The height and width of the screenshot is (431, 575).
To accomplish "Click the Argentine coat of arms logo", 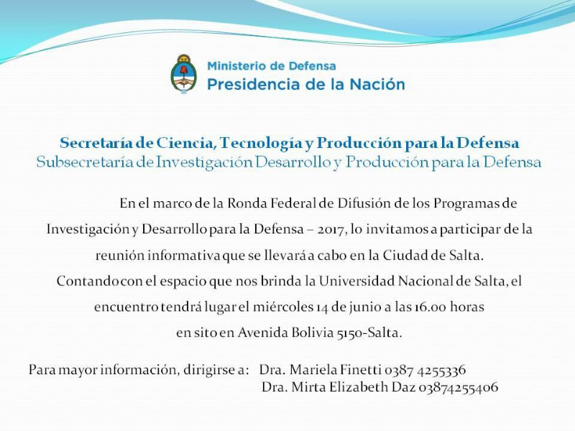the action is point(184,75).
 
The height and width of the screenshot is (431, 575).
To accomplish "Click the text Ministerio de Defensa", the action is point(272,66).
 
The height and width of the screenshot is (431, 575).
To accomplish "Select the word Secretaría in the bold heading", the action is point(96,143).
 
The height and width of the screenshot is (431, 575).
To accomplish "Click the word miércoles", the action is point(282,307).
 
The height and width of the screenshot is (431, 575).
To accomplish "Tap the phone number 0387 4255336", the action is point(425,370).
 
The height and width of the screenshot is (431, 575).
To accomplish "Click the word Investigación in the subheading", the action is point(205,163).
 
